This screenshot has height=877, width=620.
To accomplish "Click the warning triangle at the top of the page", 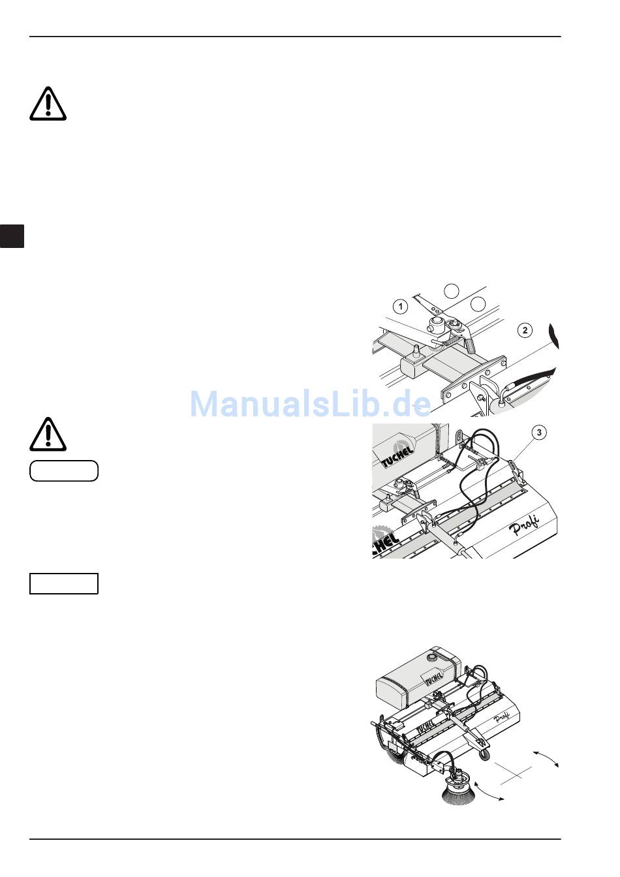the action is (x=48, y=102).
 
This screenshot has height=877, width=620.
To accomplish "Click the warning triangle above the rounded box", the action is (x=48, y=433).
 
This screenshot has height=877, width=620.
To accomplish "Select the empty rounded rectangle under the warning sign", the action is (x=64, y=470).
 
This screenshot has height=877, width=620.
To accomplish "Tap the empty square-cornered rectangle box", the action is (x=64, y=583).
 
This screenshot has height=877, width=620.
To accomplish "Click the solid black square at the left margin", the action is (x=12, y=236).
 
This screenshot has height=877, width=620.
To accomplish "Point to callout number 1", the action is (x=401, y=306).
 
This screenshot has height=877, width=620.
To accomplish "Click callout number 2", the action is (x=525, y=330).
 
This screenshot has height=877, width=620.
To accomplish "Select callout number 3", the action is (x=538, y=431).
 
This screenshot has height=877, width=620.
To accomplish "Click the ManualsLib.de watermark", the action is (x=310, y=403).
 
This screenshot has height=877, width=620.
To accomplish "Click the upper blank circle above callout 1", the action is (x=451, y=291).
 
